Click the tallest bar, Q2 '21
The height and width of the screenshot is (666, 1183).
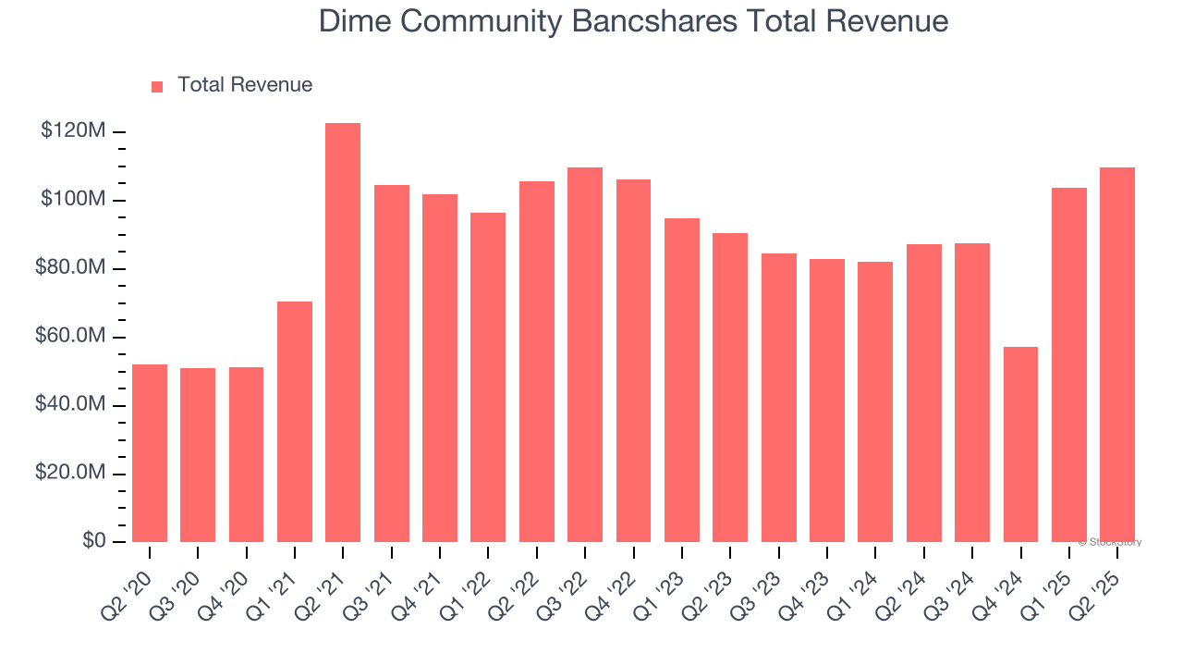[343, 332]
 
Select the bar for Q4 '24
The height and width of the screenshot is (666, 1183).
[1020, 444]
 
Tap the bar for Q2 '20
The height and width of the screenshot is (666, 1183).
[150, 453]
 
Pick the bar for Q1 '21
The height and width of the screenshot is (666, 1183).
[295, 422]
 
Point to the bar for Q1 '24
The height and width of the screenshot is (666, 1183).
[875, 401]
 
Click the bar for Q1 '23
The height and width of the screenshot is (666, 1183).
[682, 380]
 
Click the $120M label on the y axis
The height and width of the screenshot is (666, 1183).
[73, 131]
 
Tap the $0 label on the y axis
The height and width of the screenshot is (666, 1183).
[92, 541]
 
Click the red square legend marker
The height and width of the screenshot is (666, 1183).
[157, 86]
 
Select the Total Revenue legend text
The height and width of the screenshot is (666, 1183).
[245, 85]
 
